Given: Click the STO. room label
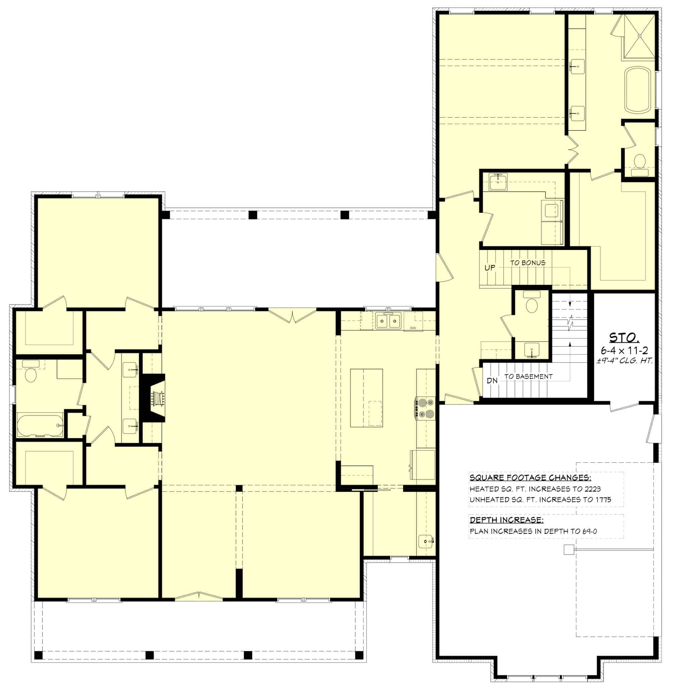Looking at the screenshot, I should tap(624, 338).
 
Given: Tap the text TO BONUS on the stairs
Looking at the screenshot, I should tap(528, 263).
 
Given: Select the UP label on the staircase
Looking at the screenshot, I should tap(490, 268).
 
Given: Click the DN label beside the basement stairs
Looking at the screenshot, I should tap(492, 381).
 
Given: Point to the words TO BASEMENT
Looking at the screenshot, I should tap(528, 377).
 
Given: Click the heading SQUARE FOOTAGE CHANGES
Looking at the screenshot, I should tap(530, 478).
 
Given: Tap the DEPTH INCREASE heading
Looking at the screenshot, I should tap(506, 520).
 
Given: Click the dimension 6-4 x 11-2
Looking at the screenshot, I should tap(624, 350).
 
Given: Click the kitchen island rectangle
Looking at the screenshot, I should tap(366, 397).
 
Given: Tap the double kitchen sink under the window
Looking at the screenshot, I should tap(388, 321).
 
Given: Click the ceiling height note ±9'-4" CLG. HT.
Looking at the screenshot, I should tap(624, 361).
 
